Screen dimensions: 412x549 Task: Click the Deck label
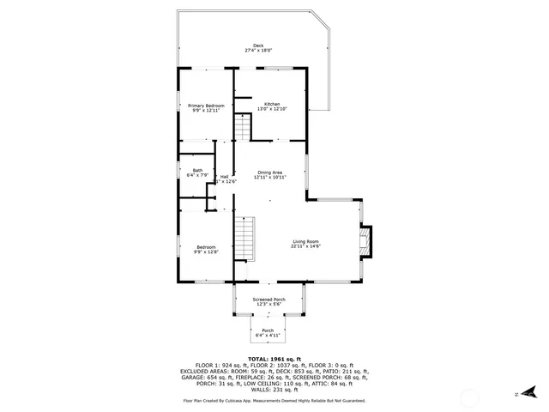tap(257, 45)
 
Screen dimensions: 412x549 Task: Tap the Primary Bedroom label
tap(206, 105)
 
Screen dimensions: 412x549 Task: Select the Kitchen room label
tap(272, 103)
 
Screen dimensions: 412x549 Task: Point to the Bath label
tap(197, 170)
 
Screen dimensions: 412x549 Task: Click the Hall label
tap(224, 176)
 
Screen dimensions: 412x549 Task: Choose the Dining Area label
tap(269, 172)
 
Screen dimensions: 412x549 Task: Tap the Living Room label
tap(305, 241)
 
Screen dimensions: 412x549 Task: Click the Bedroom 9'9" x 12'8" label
tap(206, 247)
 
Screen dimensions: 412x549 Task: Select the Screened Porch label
tap(268, 300)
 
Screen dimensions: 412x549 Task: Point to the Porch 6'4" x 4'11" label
tap(268, 330)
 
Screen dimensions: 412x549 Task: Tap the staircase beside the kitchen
tap(244, 129)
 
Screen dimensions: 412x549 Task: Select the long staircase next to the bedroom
tap(246, 238)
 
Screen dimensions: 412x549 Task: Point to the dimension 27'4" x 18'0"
tap(257, 51)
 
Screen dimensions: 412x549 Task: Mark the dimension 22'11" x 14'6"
tap(305, 246)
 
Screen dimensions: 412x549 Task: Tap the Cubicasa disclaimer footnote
tap(274, 401)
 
